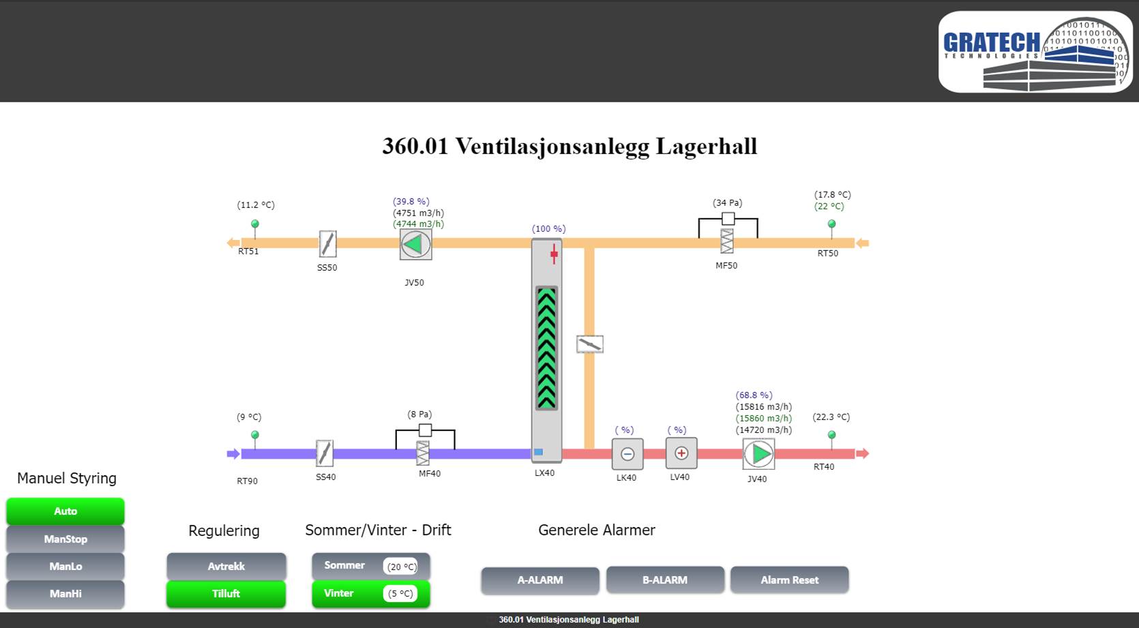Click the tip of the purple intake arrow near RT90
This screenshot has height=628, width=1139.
pyautogui.click(x=239, y=453)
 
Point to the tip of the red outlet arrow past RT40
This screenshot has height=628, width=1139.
pyautogui.click(x=869, y=453)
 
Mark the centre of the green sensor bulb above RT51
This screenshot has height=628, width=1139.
pyautogui.click(x=255, y=224)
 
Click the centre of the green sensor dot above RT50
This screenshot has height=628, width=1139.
pyautogui.click(x=831, y=224)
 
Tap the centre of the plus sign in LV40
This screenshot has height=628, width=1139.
pyautogui.click(x=681, y=453)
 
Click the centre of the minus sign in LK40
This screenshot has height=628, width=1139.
pyautogui.click(x=627, y=454)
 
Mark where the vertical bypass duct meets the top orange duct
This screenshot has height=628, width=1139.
pyautogui.click(x=589, y=243)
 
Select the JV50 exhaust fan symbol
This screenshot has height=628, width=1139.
pyautogui.click(x=416, y=245)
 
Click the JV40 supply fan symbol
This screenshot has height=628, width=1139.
pyautogui.click(x=758, y=453)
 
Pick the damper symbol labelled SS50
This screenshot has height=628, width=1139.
pyautogui.click(x=327, y=243)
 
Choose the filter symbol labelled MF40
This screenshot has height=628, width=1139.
pyautogui.click(x=423, y=453)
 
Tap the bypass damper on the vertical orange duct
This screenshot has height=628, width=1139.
pyautogui.click(x=590, y=344)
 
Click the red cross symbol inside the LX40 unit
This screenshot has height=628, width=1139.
pyautogui.click(x=554, y=253)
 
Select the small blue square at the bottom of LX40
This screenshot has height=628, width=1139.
pyautogui.click(x=539, y=451)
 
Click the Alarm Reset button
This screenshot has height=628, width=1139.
pyautogui.click(x=790, y=580)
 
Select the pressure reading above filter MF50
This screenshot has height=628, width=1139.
pyautogui.click(x=727, y=203)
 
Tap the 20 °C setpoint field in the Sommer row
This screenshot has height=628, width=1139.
pyautogui.click(x=400, y=567)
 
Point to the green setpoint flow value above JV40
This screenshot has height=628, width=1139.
pyautogui.click(x=764, y=419)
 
